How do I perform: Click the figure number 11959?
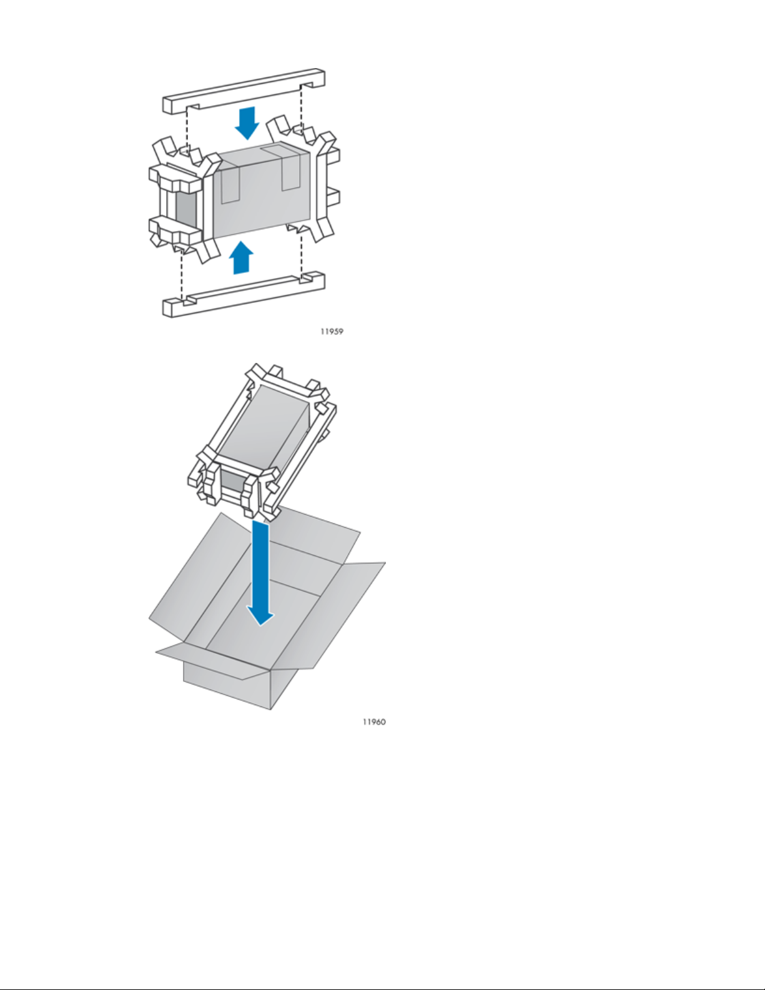332,332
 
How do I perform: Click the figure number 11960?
374,721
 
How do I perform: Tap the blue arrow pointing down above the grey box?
247,122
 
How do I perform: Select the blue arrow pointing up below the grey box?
241,257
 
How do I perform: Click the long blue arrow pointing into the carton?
260,575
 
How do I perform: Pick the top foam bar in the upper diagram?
244,91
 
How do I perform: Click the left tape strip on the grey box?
230,184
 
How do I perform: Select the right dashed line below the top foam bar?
302,106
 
